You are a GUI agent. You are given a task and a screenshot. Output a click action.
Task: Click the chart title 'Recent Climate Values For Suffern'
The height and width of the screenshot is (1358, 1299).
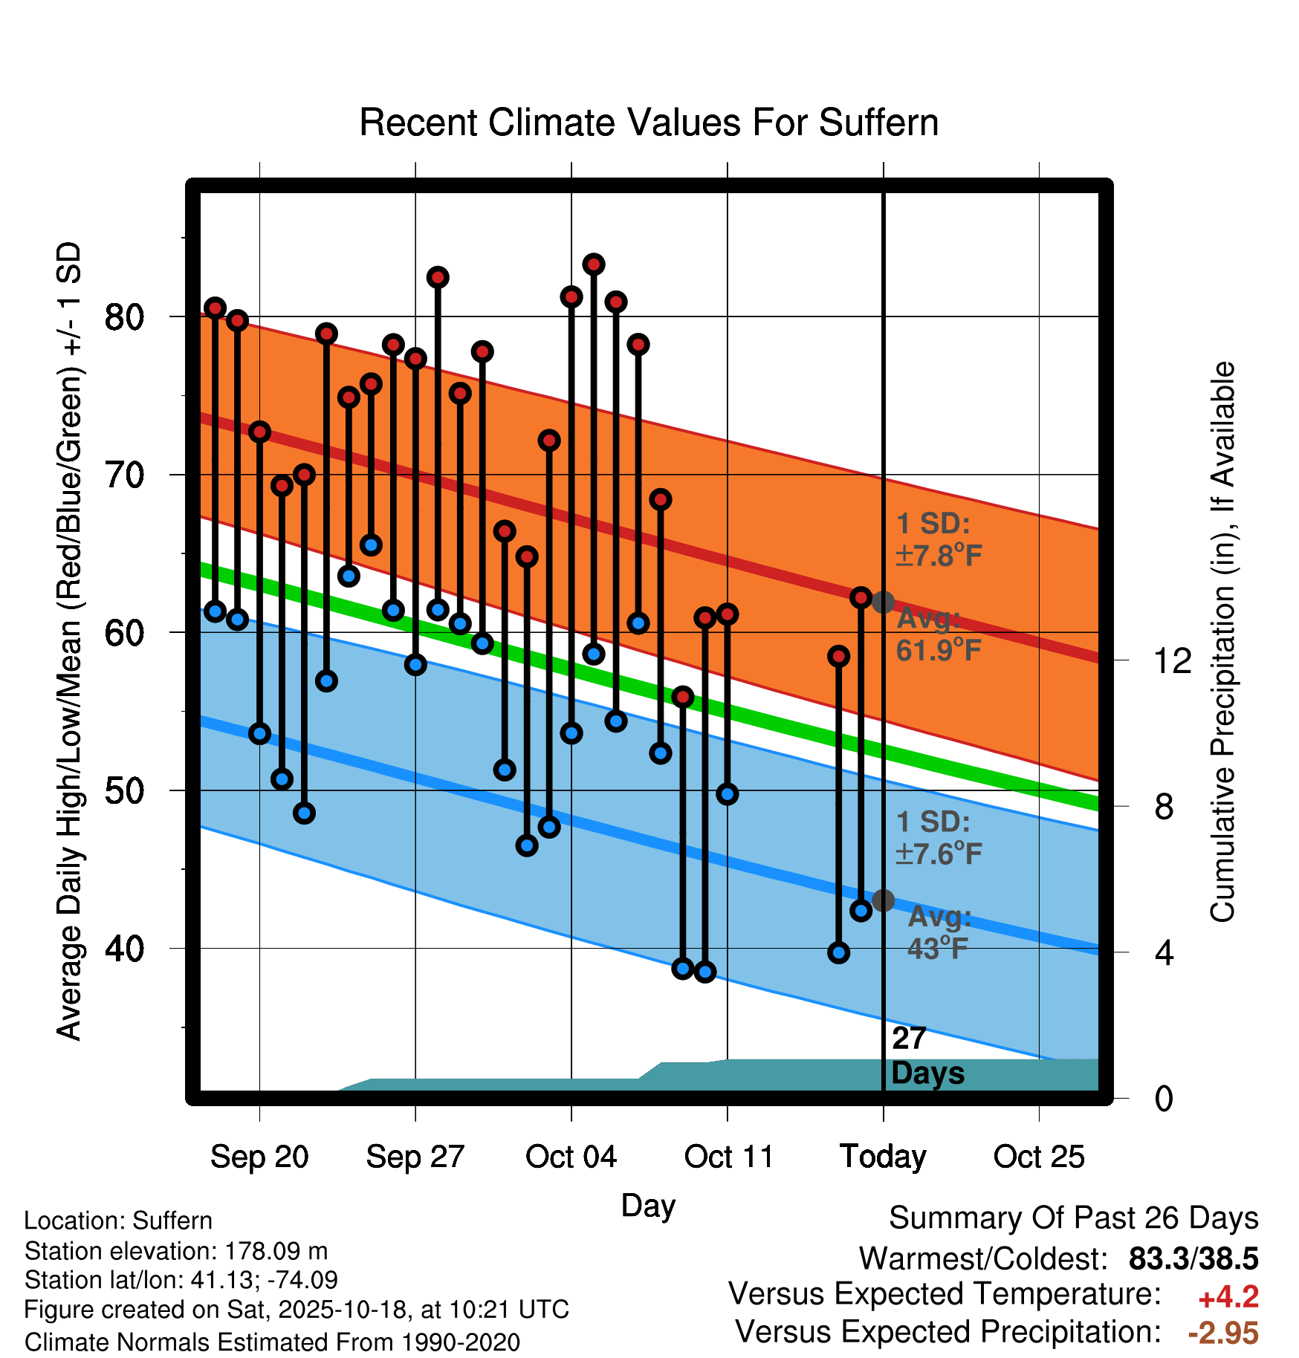click(649, 123)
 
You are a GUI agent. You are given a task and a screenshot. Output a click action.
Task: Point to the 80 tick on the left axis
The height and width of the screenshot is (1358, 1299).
click(123, 317)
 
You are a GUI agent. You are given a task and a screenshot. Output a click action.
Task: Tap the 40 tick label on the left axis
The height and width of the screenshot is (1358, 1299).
click(123, 949)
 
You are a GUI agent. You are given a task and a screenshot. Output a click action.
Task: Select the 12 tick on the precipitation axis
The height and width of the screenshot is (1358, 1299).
click(1172, 660)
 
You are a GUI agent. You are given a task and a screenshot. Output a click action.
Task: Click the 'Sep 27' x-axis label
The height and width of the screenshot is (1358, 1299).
click(415, 1157)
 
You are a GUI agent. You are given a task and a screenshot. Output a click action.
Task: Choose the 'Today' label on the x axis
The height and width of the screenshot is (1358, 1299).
click(883, 1157)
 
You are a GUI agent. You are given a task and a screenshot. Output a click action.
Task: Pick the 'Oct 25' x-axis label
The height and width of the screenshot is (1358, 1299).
click(1039, 1157)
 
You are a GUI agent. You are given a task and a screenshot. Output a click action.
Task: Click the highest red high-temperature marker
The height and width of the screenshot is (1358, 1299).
click(594, 264)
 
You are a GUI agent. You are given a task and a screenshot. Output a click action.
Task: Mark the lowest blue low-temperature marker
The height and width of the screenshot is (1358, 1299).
click(705, 972)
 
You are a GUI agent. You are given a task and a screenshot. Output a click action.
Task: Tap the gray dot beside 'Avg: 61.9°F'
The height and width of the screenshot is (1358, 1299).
click(883, 602)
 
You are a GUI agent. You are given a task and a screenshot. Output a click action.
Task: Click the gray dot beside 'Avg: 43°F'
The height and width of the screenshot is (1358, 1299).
click(883, 900)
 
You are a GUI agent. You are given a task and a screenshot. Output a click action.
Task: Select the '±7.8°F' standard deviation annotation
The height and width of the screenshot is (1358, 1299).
click(939, 555)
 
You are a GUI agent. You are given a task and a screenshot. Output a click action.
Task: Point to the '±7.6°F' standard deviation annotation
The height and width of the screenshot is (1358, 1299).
click(939, 854)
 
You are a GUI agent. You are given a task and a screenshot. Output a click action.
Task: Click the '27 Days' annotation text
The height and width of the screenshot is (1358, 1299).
click(927, 1056)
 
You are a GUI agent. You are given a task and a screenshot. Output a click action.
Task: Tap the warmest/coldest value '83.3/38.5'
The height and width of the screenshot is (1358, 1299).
click(1193, 1259)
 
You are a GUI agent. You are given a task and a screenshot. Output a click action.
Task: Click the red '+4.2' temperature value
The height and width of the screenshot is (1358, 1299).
click(1228, 1297)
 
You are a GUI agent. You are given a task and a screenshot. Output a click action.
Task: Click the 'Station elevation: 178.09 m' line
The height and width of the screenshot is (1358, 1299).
click(176, 1251)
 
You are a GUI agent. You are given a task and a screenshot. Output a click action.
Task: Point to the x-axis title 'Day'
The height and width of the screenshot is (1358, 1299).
click(648, 1205)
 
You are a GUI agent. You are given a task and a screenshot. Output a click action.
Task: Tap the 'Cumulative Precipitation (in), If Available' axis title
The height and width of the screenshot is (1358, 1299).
click(1222, 642)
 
